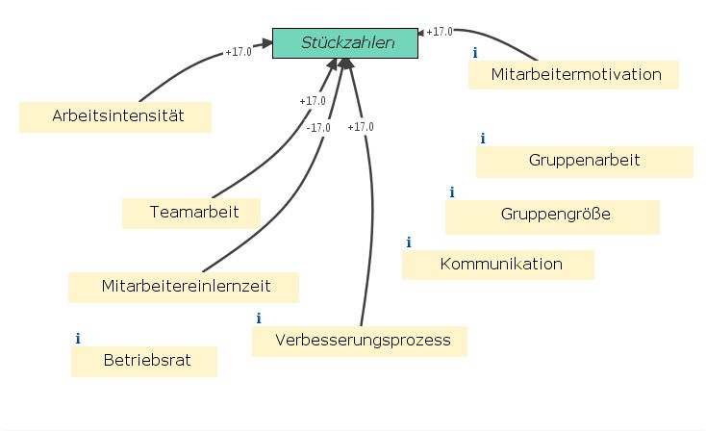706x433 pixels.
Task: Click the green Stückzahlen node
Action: point(346,42)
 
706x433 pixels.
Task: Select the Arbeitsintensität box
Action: point(115,117)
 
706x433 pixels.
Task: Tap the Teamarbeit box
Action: point(192,212)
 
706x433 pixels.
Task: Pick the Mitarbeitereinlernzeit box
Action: point(185,287)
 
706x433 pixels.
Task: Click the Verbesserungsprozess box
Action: point(358,341)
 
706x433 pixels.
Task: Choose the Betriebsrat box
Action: point(144,362)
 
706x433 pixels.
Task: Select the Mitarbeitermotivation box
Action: point(575,73)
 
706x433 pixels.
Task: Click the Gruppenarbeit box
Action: point(584,161)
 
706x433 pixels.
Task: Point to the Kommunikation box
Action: point(499,264)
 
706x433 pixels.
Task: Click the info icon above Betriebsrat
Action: point(78,339)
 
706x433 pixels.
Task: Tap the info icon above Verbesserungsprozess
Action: point(259,318)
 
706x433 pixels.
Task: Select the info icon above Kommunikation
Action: point(409,242)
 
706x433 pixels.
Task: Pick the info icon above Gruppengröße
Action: point(451,192)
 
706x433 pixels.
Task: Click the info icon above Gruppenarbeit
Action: point(483,139)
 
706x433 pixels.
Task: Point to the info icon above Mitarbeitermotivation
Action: point(474,52)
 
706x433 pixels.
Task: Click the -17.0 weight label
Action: point(318,127)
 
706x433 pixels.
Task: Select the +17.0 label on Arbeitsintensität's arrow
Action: point(238,52)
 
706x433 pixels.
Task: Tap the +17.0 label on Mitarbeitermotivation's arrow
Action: point(440,31)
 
